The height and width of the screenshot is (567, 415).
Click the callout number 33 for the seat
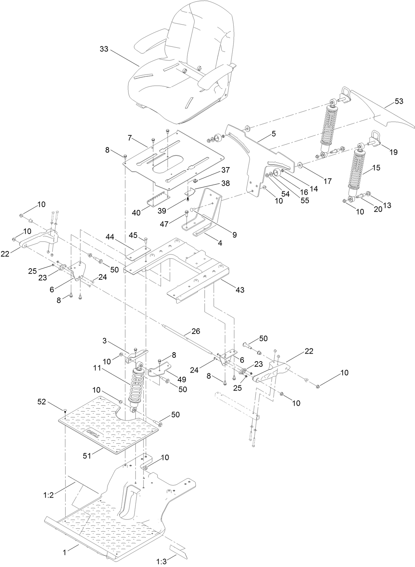(104, 49)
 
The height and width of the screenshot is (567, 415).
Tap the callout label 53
(399, 102)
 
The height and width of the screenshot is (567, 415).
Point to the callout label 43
(240, 290)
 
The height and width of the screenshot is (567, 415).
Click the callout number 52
(41, 402)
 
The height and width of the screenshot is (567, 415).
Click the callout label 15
(376, 168)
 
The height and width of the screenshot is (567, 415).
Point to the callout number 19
(393, 152)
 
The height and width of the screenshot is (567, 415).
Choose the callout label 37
(225, 170)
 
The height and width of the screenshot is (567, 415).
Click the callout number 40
(136, 213)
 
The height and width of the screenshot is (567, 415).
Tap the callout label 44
(110, 236)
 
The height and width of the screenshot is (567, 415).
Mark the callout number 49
(181, 379)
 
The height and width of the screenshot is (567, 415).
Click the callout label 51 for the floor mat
(87, 456)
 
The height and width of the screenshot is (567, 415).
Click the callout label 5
(274, 134)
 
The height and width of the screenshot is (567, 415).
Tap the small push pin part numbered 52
(64, 411)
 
